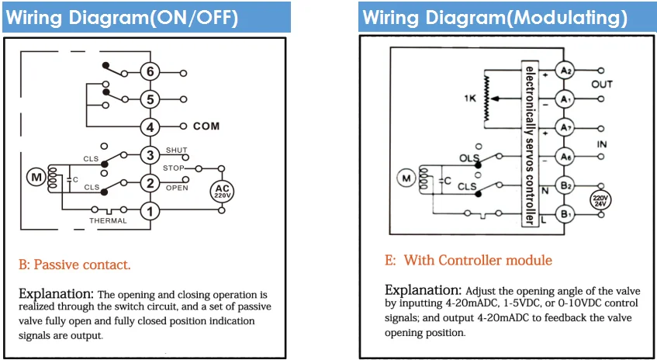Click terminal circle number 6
click(150, 72)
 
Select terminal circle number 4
click(150, 126)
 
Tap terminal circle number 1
click(150, 211)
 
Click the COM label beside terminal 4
click(206, 126)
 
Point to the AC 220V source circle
click(222, 191)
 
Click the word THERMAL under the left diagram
click(108, 221)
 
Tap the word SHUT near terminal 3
click(176, 150)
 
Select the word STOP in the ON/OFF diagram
click(174, 168)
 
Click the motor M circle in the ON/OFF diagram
click(36, 178)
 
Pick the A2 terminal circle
click(565, 71)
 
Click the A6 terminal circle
click(565, 157)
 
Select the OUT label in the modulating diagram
click(602, 85)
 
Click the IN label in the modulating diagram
click(602, 144)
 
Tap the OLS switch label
click(467, 158)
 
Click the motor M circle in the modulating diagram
click(406, 179)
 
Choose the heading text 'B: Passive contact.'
click(74, 265)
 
